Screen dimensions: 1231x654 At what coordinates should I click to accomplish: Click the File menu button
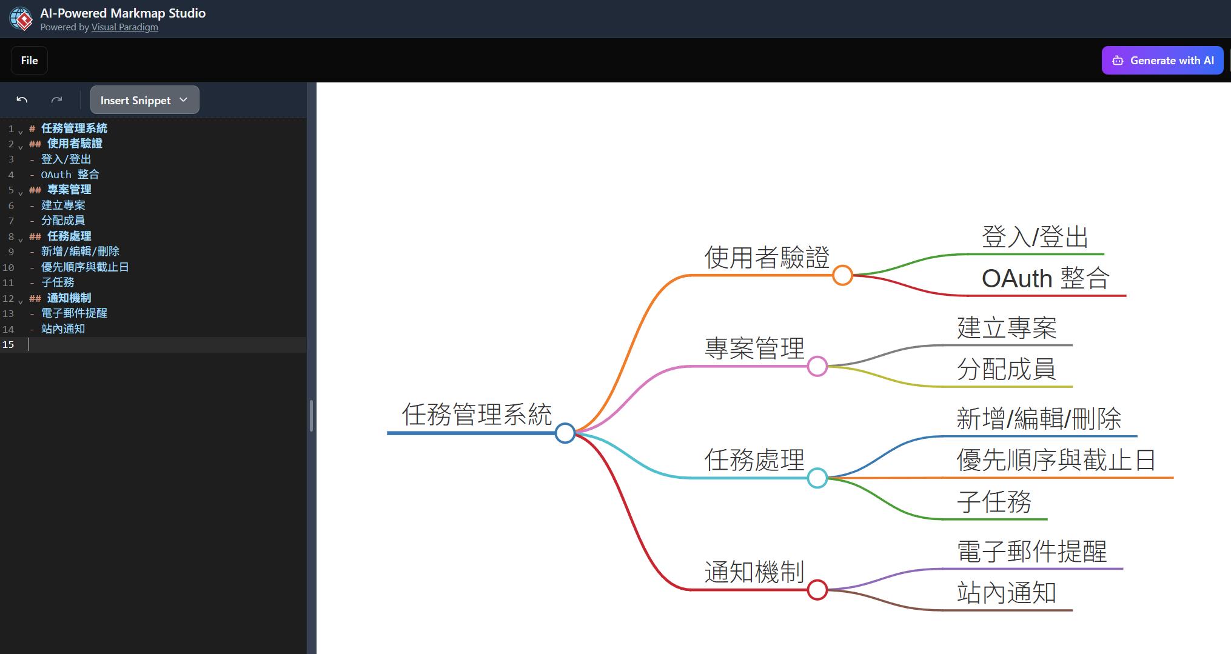29,61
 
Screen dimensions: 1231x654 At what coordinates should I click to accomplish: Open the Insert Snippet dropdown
144,100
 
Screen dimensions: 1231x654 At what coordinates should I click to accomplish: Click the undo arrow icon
22,100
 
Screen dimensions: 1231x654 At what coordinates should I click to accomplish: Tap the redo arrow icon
56,100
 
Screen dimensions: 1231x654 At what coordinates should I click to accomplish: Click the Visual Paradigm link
124,27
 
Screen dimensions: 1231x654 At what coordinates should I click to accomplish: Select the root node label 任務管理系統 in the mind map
477,415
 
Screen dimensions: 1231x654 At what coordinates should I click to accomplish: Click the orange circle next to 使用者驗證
842,275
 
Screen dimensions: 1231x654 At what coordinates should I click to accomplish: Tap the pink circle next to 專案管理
817,366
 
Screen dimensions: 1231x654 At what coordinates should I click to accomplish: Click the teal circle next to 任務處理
817,478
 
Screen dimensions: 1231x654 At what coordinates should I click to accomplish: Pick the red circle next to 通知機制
817,589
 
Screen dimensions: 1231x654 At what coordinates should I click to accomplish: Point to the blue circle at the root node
565,433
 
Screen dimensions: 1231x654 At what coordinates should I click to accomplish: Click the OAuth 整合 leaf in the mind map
1045,279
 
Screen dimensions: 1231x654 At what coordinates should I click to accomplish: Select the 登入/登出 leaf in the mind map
1035,237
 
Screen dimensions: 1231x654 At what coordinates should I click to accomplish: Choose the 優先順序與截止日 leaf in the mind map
1056,461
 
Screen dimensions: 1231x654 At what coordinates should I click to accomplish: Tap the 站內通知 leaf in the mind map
1007,593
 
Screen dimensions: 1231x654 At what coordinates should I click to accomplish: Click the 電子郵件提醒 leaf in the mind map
1031,552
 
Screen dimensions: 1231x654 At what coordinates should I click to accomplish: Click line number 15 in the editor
8,344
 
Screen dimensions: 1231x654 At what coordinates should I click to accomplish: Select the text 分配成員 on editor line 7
63,221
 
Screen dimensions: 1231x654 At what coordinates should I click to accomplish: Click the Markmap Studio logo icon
21,19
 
